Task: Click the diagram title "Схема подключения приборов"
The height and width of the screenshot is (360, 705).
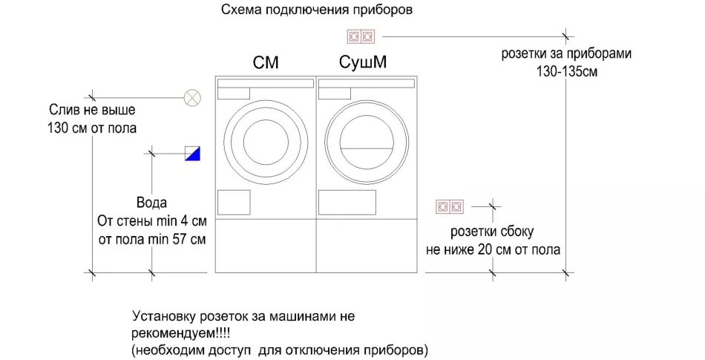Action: (x=317, y=10)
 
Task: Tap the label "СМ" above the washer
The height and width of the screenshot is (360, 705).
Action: (x=266, y=62)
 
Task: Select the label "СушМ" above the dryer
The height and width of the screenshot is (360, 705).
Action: (x=362, y=62)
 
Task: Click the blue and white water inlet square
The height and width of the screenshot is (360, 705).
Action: (x=192, y=154)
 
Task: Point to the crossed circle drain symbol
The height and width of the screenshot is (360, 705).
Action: (x=192, y=97)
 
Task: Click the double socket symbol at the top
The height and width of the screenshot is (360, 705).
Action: (x=361, y=36)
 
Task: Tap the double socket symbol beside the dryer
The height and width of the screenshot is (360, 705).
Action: (x=450, y=207)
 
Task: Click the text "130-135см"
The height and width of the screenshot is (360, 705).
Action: (x=567, y=72)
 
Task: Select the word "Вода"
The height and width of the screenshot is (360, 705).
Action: (x=151, y=203)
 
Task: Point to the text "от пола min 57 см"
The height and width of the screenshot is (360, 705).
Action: (x=152, y=239)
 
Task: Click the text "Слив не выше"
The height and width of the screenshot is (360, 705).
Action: (x=92, y=110)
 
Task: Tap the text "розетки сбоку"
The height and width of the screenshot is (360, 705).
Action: (x=492, y=232)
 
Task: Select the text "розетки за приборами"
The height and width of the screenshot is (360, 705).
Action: (x=566, y=53)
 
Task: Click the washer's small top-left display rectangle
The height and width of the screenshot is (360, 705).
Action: (x=234, y=94)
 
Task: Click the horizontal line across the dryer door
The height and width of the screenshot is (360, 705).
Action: (x=367, y=148)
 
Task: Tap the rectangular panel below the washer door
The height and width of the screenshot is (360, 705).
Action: (x=234, y=202)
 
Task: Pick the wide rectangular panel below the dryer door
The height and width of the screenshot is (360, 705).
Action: (x=347, y=202)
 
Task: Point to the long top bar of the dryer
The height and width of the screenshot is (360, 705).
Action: (x=367, y=83)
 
